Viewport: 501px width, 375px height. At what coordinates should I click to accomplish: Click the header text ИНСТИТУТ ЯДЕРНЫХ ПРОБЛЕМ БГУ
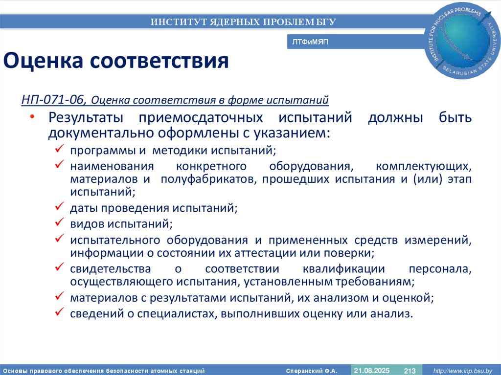[x=243, y=22]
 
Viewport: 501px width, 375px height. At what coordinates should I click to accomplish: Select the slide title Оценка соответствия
[x=116, y=61]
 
